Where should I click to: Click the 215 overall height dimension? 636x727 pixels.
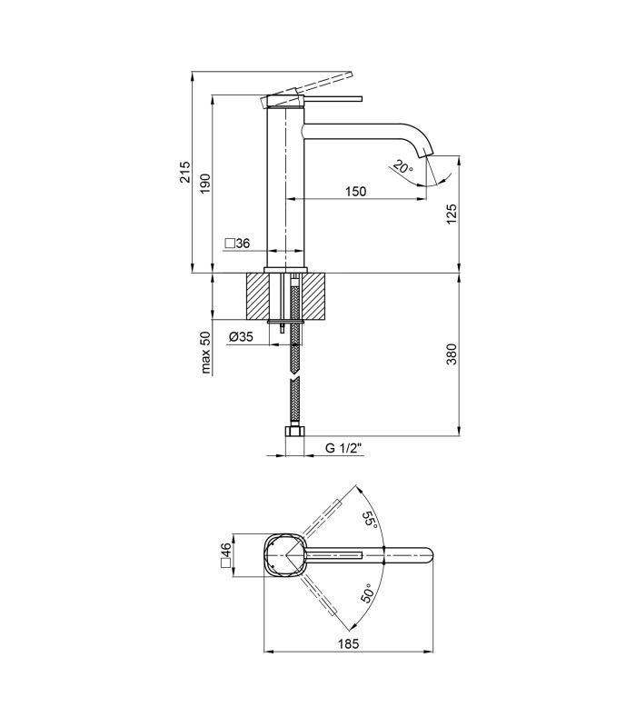(x=185, y=172)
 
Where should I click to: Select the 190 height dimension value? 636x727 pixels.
(x=205, y=184)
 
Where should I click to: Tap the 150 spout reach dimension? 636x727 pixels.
(x=355, y=191)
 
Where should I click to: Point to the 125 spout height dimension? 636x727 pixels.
(x=452, y=214)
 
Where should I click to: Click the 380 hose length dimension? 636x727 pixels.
(x=452, y=354)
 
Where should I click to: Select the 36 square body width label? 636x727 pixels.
(x=237, y=243)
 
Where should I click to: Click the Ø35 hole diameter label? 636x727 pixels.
(x=241, y=336)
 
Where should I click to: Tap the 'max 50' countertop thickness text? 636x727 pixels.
(x=206, y=353)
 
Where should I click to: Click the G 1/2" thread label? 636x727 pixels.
(x=343, y=448)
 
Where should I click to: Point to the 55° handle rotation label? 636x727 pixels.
(x=370, y=520)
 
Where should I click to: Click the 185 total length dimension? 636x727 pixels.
(x=348, y=643)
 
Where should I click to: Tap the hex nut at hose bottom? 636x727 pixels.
(x=293, y=432)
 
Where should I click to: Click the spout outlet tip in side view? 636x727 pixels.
(x=429, y=154)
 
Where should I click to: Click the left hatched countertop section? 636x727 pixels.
(x=257, y=296)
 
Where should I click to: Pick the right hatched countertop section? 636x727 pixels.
(x=314, y=296)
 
